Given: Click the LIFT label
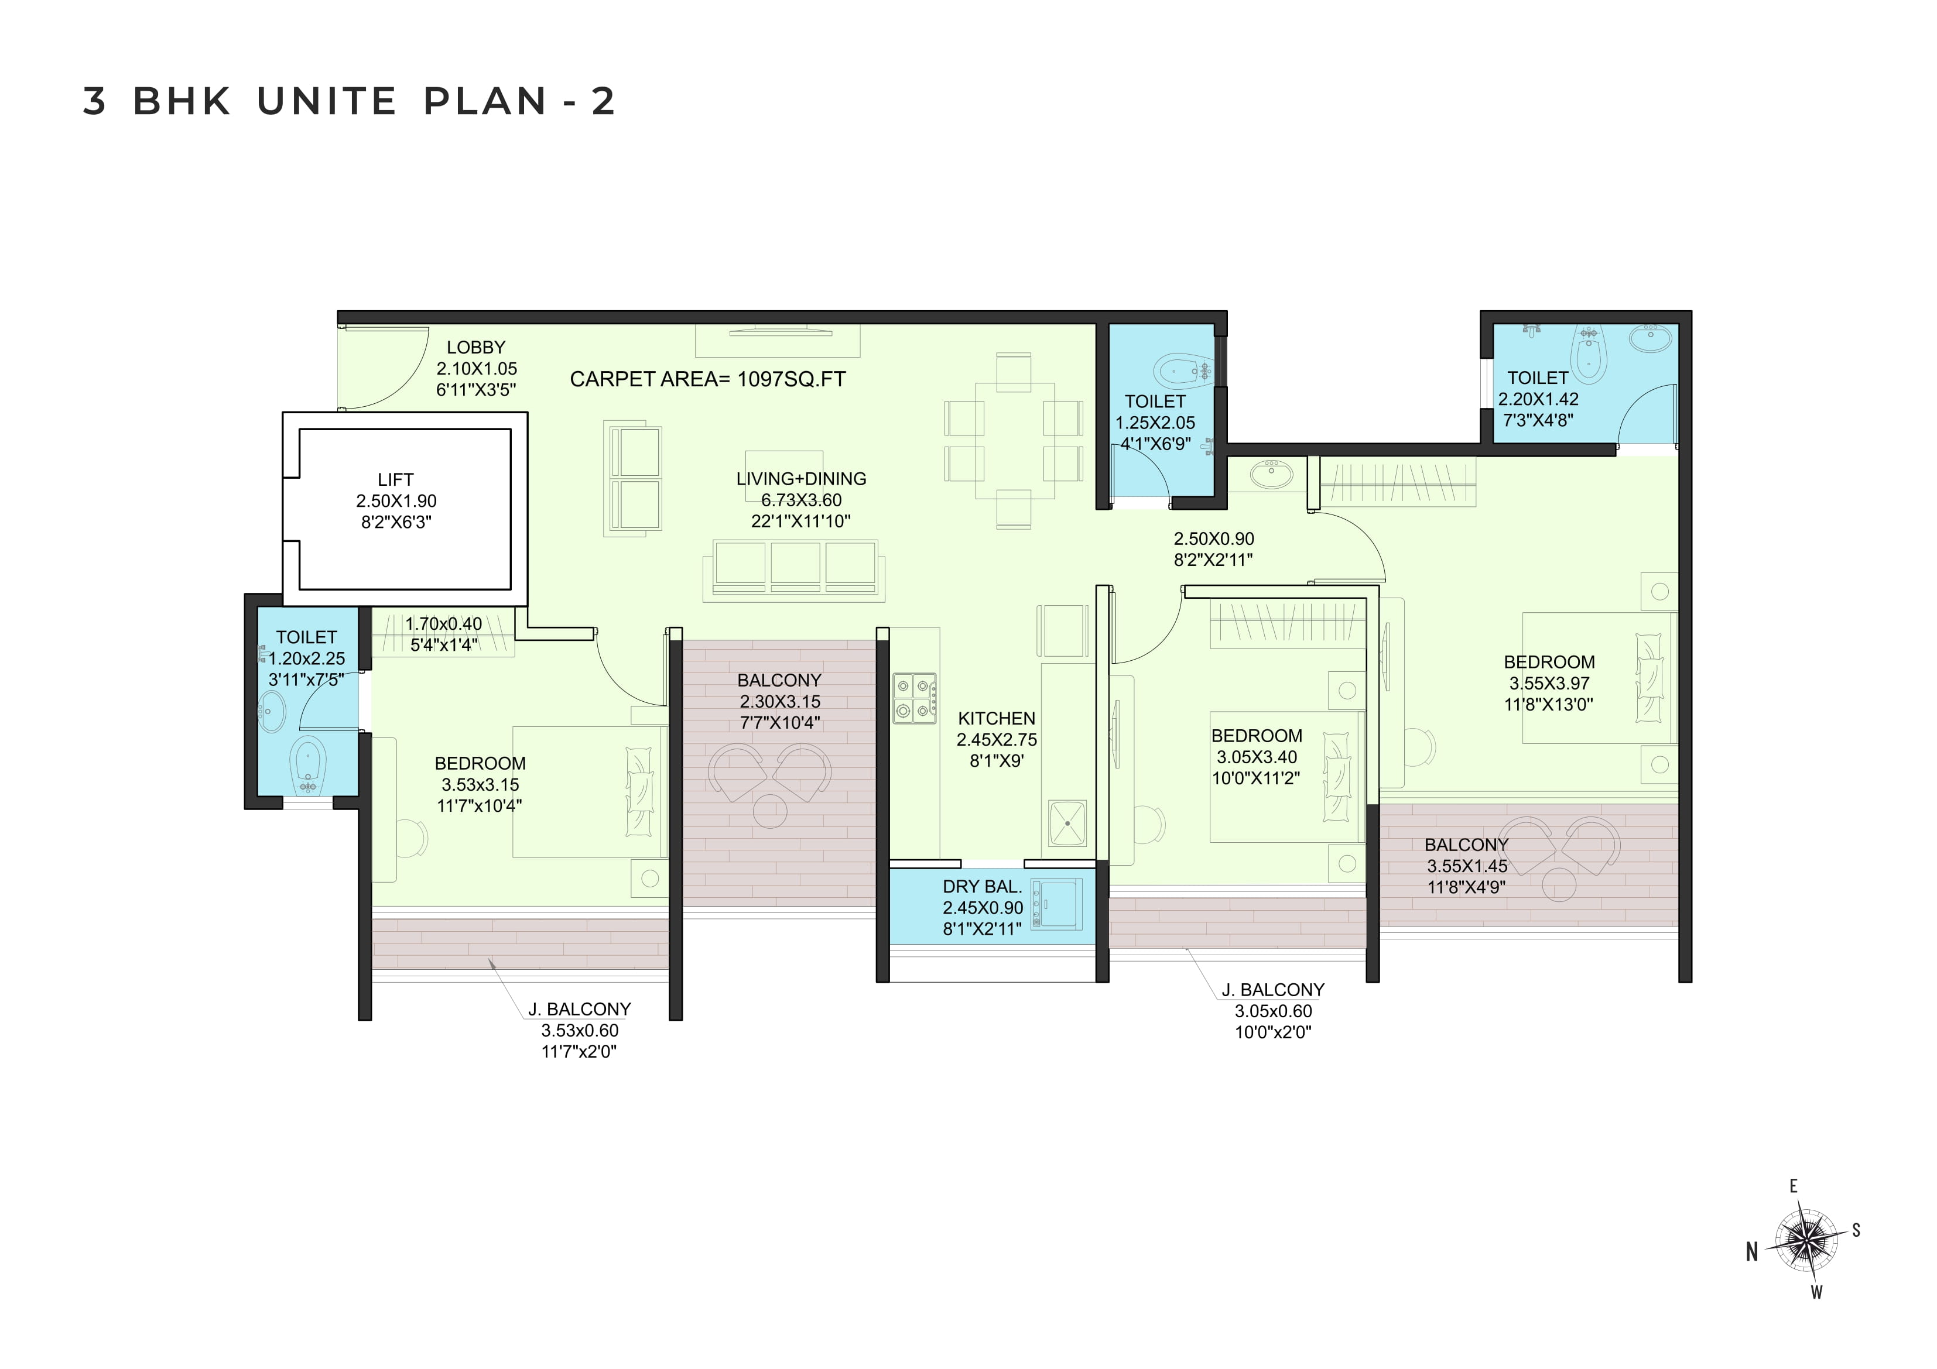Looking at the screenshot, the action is [x=396, y=479].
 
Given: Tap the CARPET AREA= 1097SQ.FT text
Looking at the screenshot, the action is [x=708, y=380].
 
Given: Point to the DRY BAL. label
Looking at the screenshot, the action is [x=982, y=887].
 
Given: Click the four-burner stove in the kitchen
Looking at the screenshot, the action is [x=915, y=698].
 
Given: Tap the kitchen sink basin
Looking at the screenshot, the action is [x=1067, y=822].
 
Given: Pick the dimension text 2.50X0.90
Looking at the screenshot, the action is [x=1214, y=538].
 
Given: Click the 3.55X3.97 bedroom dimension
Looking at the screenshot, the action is [x=1549, y=683].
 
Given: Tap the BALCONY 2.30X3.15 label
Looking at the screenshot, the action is [x=779, y=690].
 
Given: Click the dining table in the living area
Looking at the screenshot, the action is [x=1014, y=441].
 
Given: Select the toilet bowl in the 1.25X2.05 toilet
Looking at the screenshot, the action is [x=1180, y=369].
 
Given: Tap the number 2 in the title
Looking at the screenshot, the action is [x=603, y=101].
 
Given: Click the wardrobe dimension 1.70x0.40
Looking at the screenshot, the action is [x=444, y=623].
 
